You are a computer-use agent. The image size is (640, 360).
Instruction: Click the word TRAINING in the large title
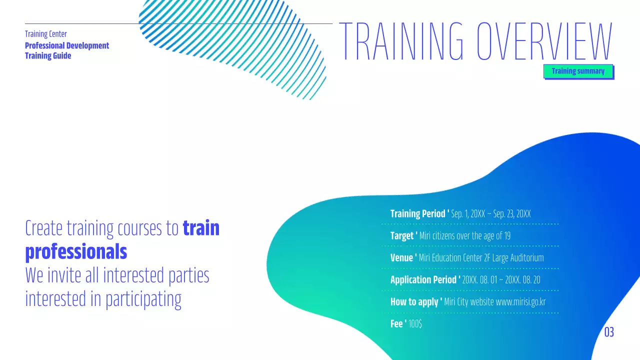(x=401, y=41)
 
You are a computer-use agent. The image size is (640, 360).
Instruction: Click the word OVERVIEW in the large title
(x=544, y=41)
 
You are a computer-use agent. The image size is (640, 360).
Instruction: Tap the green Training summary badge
(x=578, y=71)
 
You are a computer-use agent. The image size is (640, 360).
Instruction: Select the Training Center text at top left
(x=46, y=34)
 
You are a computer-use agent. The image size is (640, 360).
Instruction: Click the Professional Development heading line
(x=67, y=45)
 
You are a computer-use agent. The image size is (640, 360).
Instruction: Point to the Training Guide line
(x=48, y=55)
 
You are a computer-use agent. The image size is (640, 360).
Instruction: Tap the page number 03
(x=609, y=332)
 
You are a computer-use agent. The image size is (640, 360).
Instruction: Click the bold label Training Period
(x=418, y=214)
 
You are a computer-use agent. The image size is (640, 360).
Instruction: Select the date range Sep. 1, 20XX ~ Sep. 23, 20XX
(x=490, y=214)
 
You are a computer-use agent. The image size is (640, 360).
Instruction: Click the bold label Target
(x=402, y=236)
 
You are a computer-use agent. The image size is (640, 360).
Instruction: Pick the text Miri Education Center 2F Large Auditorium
(x=481, y=258)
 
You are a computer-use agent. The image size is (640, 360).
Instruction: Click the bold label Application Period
(x=423, y=280)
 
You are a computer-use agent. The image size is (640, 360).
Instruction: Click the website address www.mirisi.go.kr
(x=520, y=302)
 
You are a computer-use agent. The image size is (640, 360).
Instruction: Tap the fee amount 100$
(x=415, y=324)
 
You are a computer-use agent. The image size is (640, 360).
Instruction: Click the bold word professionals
(x=76, y=252)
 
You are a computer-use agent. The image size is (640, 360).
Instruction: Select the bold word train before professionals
(x=201, y=228)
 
